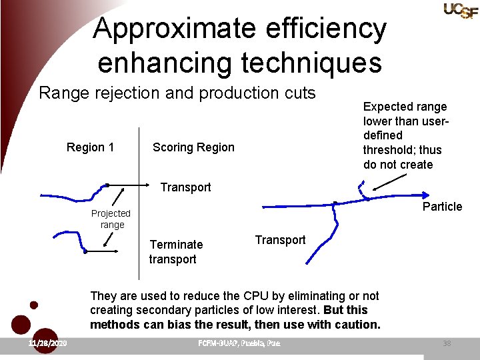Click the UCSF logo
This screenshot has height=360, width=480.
[x=460, y=10]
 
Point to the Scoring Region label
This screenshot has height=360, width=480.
[x=193, y=147]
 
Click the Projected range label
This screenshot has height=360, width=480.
[x=111, y=219]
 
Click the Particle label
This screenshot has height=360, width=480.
[x=442, y=207]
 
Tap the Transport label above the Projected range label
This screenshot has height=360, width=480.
[x=185, y=187]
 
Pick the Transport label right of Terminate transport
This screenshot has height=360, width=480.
[x=280, y=240]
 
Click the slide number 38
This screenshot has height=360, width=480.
[x=447, y=343]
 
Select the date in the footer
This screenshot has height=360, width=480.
[x=47, y=343]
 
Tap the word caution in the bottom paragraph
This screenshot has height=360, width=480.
[x=357, y=325]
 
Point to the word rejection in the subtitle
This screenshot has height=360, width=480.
[x=127, y=93]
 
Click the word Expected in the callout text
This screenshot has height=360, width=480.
[x=385, y=107]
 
